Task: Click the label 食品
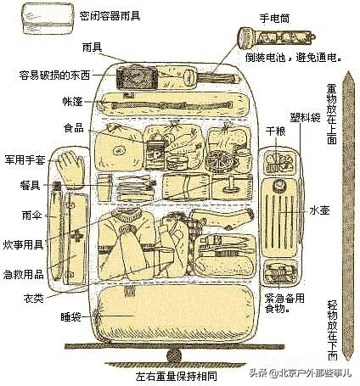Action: pyautogui.click(x=74, y=128)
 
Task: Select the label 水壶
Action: pyautogui.click(x=319, y=208)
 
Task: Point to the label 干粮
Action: pyautogui.click(x=274, y=132)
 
